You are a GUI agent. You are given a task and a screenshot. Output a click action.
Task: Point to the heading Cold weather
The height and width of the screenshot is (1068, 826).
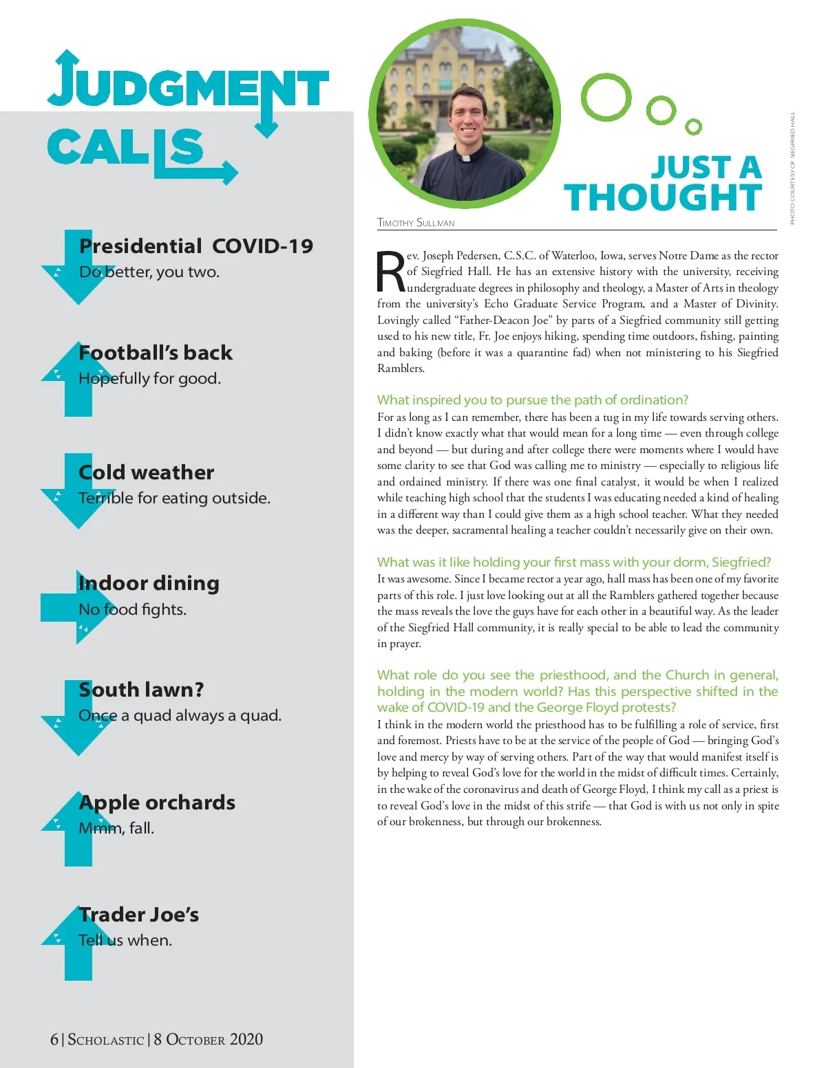pyautogui.click(x=147, y=472)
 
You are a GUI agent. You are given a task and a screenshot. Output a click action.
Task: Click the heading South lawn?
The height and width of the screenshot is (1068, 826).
pyautogui.click(x=142, y=690)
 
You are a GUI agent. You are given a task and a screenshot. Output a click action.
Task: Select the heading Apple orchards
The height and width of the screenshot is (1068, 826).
pyautogui.click(x=157, y=803)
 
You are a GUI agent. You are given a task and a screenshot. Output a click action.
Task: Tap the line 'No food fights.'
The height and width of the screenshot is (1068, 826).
pyautogui.click(x=132, y=609)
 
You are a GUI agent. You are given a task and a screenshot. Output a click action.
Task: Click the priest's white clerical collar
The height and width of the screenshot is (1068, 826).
pyautogui.click(x=466, y=157)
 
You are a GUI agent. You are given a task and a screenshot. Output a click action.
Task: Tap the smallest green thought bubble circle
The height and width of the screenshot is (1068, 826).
pyautogui.click(x=694, y=127)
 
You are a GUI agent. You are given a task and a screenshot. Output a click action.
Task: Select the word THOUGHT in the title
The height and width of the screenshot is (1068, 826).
pyautogui.click(x=663, y=198)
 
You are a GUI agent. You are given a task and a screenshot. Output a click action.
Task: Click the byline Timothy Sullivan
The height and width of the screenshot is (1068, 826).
pyautogui.click(x=416, y=223)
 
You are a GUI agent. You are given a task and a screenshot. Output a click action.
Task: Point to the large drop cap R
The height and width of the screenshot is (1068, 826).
pyautogui.click(x=391, y=272)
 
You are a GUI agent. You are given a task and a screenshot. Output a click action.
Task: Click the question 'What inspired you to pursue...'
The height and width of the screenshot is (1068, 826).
pyautogui.click(x=532, y=400)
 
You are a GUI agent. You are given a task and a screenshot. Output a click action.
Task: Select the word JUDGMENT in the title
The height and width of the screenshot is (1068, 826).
pyautogui.click(x=187, y=86)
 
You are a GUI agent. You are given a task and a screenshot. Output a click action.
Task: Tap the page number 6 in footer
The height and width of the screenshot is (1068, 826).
pyautogui.click(x=54, y=1039)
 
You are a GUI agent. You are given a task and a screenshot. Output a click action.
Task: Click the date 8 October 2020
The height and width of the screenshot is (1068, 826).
pyautogui.click(x=208, y=1039)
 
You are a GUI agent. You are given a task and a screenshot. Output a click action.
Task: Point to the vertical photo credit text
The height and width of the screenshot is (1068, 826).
pyautogui.click(x=792, y=168)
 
